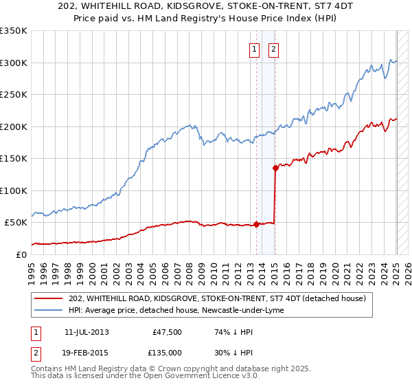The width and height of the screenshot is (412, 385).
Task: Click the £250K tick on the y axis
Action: pyautogui.click(x=14, y=95)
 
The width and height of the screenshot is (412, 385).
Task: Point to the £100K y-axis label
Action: pyautogui.click(x=14, y=190)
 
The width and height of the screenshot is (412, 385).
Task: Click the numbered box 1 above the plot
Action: pyautogui.click(x=255, y=49)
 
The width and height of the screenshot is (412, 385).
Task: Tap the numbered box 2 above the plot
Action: pyautogui.click(x=273, y=49)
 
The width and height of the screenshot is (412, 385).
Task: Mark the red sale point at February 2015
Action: pyautogui.click(x=275, y=168)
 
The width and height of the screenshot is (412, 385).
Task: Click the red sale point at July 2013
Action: pyautogui.click(x=256, y=224)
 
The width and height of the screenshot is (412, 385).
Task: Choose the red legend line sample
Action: pyautogui.click(x=49, y=298)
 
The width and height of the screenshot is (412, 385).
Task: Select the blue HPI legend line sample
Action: pyautogui.click(x=49, y=311)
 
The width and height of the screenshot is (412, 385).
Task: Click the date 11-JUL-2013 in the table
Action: pyautogui.click(x=86, y=332)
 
